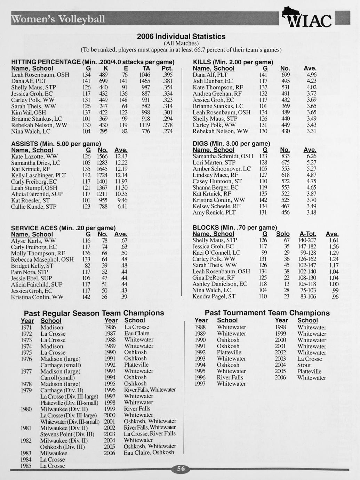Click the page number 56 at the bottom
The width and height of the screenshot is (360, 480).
(x=181, y=469)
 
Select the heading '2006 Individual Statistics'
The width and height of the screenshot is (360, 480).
(x=181, y=36)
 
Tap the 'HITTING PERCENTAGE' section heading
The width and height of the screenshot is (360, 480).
(x=46, y=62)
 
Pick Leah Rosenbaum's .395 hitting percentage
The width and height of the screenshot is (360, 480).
(x=168, y=75)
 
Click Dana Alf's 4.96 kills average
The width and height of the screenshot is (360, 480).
(x=311, y=75)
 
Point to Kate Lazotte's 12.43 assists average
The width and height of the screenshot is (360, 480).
(x=121, y=157)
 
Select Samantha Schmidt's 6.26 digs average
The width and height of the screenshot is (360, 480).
(x=311, y=157)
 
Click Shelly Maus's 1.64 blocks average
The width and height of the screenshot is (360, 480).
(x=333, y=240)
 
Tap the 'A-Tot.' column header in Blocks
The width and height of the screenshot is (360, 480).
(x=307, y=234)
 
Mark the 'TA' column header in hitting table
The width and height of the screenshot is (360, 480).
(x=146, y=69)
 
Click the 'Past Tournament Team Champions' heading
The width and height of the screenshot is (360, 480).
(x=267, y=313)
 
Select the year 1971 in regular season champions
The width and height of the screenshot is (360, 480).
(x=26, y=327)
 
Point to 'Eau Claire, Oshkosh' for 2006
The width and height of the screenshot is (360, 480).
(x=149, y=453)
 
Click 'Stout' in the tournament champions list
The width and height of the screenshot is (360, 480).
(x=304, y=365)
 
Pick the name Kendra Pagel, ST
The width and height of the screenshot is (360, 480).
(x=214, y=296)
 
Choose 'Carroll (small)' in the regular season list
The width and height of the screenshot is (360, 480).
(x=57, y=378)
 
